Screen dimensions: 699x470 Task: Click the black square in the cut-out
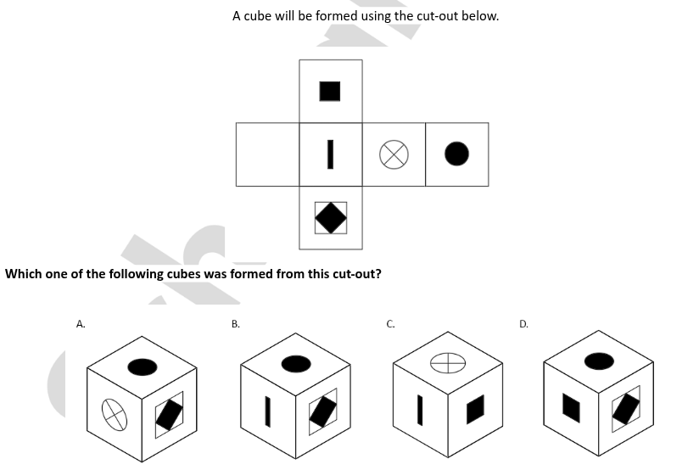tap(330, 92)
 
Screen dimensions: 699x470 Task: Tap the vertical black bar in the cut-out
tap(330, 154)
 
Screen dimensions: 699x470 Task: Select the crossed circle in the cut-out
tap(394, 154)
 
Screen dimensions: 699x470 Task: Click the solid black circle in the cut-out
tap(457, 154)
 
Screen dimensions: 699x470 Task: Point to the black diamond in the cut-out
tap(331, 218)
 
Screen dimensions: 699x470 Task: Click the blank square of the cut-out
tap(267, 154)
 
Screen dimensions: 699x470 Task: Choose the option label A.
tap(81, 324)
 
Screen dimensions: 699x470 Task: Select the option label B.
tap(235, 324)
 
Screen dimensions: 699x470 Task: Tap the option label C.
tap(390, 324)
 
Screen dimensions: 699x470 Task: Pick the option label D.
tap(523, 324)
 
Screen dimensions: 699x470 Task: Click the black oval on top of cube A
tap(143, 367)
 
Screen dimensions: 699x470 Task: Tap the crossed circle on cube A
tap(115, 415)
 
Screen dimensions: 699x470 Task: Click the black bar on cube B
tap(267, 411)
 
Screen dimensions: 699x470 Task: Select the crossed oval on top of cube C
tap(448, 362)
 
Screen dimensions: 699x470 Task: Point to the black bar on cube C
tap(420, 410)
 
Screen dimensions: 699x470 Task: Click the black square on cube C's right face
tap(475, 410)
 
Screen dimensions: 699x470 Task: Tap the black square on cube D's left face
tap(572, 407)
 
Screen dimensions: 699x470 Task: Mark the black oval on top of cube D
tap(599, 361)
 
